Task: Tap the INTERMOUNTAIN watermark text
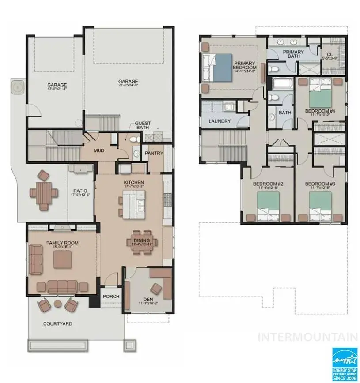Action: (307, 338)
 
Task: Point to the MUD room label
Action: (99, 150)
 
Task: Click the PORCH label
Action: (111, 296)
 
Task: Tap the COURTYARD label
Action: (57, 323)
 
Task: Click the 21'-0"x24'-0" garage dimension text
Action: (128, 86)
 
